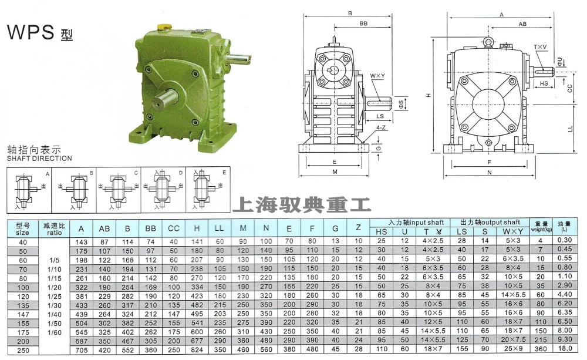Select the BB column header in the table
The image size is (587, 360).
tap(150, 228)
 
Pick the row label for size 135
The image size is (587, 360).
tap(23, 305)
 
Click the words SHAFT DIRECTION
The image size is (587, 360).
tap(39, 159)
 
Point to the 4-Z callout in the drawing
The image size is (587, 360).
tap(380, 127)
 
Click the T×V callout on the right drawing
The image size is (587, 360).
tap(540, 46)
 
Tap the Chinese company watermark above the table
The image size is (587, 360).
tap(302, 205)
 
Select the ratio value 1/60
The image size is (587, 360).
tap(53, 332)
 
